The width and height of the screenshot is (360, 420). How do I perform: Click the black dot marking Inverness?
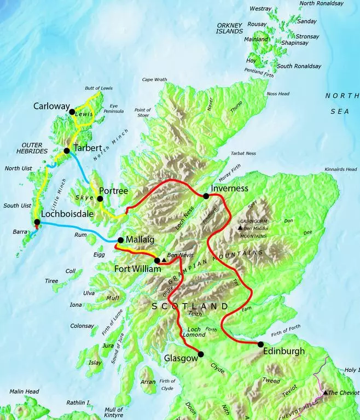206,196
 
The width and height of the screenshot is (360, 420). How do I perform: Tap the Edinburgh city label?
284,351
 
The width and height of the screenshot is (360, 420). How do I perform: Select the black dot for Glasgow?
200,354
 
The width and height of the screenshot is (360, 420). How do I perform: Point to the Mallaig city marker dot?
120,240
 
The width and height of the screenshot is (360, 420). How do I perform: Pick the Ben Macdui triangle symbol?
240,227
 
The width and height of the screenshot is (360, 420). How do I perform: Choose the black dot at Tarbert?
66,150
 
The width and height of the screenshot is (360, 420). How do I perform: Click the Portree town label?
114,191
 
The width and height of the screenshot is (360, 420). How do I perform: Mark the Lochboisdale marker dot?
37,222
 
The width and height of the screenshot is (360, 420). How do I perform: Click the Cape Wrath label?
154,79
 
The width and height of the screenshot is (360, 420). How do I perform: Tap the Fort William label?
138,269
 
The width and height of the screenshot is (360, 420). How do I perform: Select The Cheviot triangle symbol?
326,393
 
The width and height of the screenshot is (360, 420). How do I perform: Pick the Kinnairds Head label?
341,169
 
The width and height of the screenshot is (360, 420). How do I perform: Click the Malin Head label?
24,392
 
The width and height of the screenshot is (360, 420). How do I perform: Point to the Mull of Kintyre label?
114,412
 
